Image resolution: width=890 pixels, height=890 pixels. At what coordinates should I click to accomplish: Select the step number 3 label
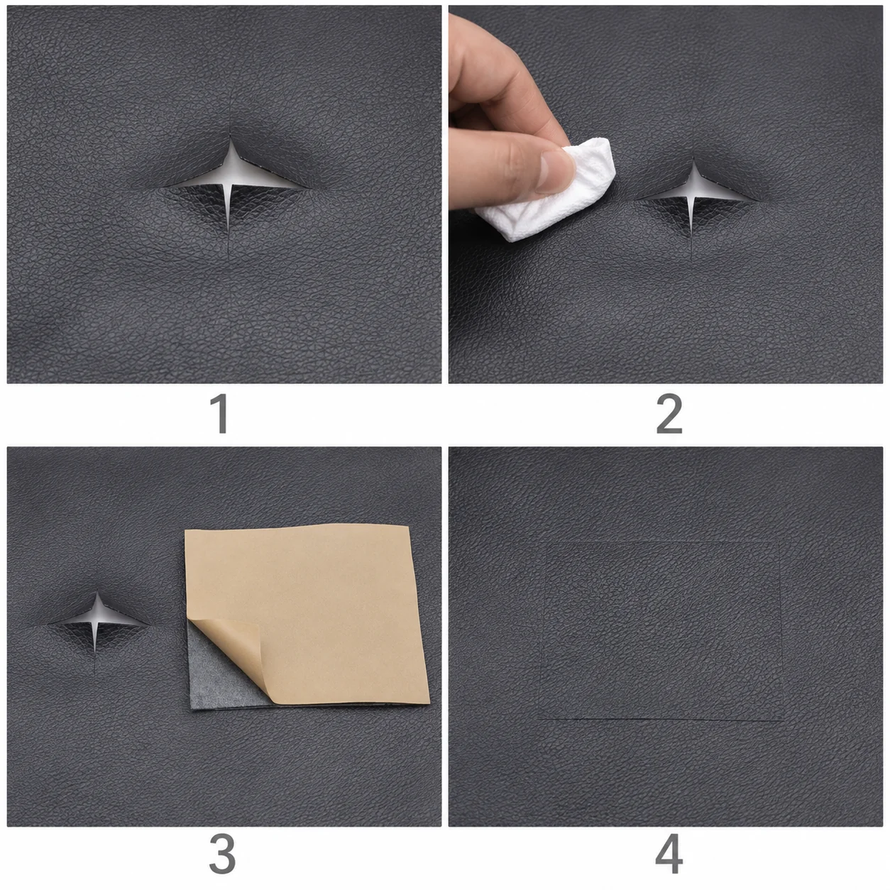point(222,854)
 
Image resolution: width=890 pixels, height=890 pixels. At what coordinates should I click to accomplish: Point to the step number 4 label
point(669,854)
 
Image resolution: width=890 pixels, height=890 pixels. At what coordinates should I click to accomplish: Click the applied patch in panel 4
point(661,630)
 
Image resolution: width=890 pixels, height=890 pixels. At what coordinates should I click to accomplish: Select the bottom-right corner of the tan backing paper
point(429,703)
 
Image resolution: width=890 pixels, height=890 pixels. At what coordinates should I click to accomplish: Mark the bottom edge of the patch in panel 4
point(661,720)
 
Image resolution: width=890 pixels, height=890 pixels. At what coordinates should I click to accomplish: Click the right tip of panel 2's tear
point(757,202)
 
